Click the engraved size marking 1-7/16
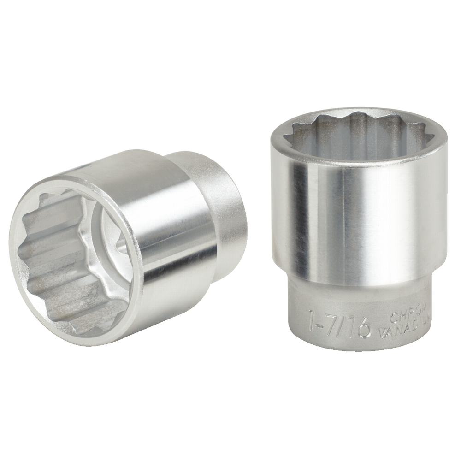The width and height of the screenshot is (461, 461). [339, 324]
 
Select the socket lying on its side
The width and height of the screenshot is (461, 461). [129, 244]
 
